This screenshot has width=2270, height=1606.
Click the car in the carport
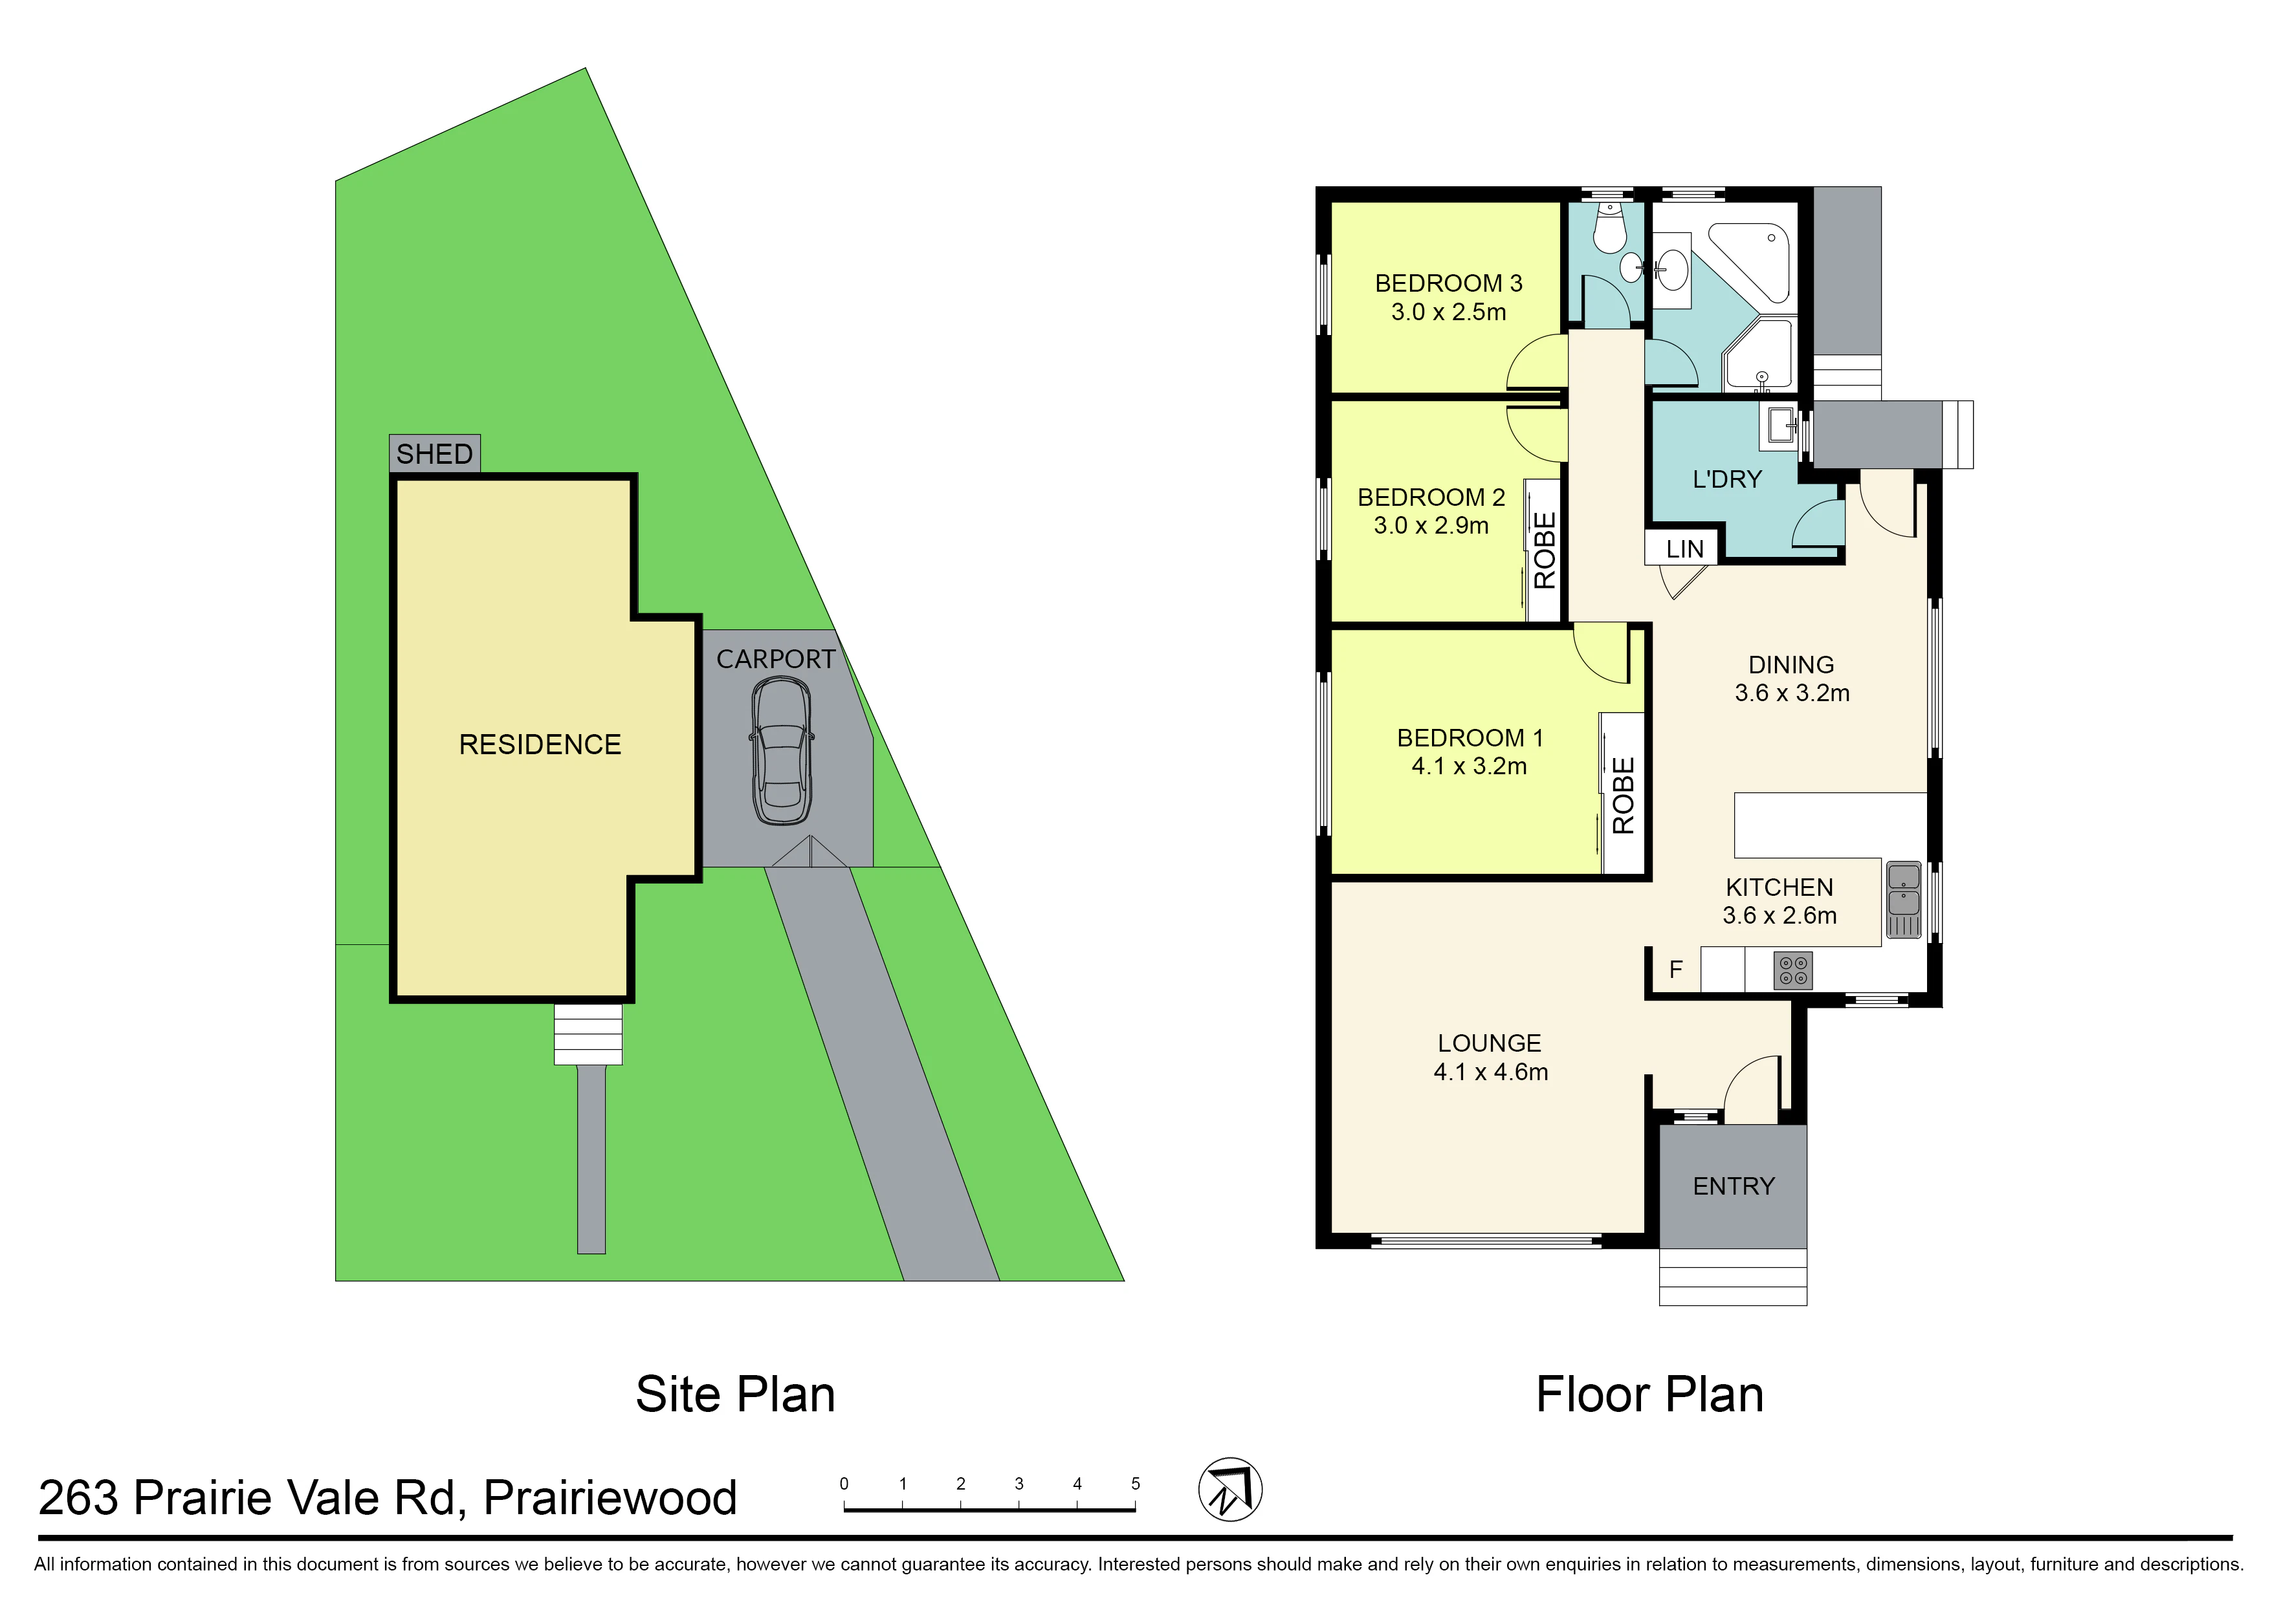tap(782, 750)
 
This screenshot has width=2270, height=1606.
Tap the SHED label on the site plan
tap(434, 454)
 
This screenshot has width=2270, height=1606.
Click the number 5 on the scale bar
tap(1136, 1483)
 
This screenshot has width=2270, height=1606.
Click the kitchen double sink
tap(1904, 899)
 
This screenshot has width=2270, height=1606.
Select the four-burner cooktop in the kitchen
tap(1793, 970)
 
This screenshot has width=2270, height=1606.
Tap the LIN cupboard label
tap(1684, 549)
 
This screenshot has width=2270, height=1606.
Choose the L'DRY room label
tap(1727, 480)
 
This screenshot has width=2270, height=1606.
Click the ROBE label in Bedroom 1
tap(1623, 795)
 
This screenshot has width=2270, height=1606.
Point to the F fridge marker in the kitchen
tap(1675, 969)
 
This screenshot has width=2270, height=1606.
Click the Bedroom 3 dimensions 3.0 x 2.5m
tap(1448, 312)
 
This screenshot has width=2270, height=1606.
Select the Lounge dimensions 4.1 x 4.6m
tap(1491, 1072)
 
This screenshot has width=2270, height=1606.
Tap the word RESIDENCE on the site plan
tap(540, 744)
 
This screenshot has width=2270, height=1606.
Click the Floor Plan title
tap(1649, 1394)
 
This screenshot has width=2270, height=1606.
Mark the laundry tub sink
tap(1781, 425)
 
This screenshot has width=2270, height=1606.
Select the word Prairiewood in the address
tap(610, 1497)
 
